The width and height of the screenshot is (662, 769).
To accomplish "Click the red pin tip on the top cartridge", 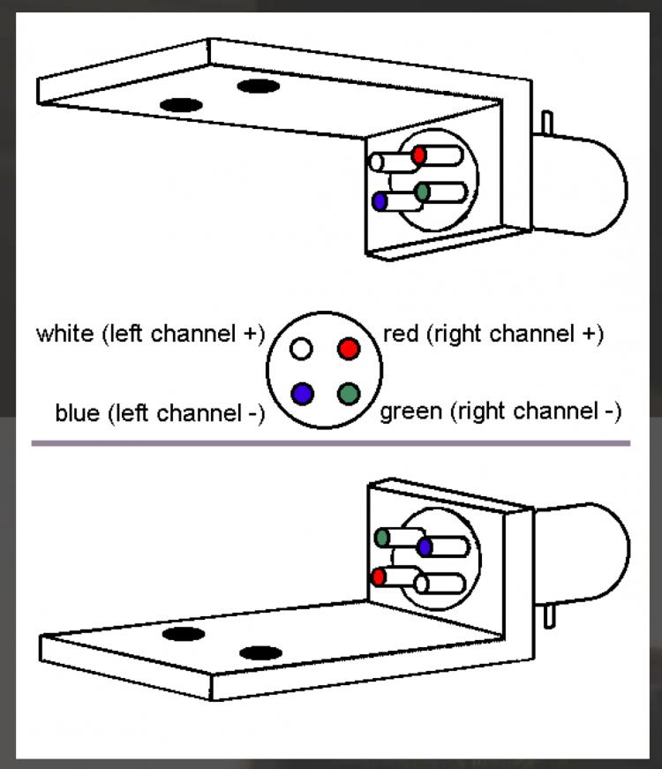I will pyautogui.click(x=418, y=155).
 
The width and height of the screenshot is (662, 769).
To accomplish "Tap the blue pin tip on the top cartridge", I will pyautogui.click(x=380, y=201).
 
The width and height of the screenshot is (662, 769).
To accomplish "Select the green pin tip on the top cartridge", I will pyautogui.click(x=422, y=191).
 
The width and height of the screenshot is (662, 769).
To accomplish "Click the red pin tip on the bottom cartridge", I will pyautogui.click(x=379, y=577).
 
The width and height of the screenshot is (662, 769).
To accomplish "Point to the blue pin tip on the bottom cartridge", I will pyautogui.click(x=425, y=547).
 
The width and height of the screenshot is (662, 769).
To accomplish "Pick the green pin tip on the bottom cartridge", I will pyautogui.click(x=382, y=537).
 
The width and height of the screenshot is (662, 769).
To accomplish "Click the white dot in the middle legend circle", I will pyautogui.click(x=302, y=349).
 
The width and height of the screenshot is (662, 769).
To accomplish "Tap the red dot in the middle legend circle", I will pyautogui.click(x=349, y=349).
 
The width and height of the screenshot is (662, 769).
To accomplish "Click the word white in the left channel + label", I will pyautogui.click(x=65, y=335).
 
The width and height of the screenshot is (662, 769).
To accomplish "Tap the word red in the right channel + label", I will pyautogui.click(x=400, y=335).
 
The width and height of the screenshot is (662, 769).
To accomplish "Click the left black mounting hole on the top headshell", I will pyautogui.click(x=181, y=104).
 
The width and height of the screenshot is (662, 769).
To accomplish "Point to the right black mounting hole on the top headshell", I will pyautogui.click(x=258, y=86).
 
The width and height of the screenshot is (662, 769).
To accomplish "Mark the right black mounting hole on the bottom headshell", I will pyautogui.click(x=260, y=653).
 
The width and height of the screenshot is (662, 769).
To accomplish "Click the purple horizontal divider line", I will pyautogui.click(x=331, y=443).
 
